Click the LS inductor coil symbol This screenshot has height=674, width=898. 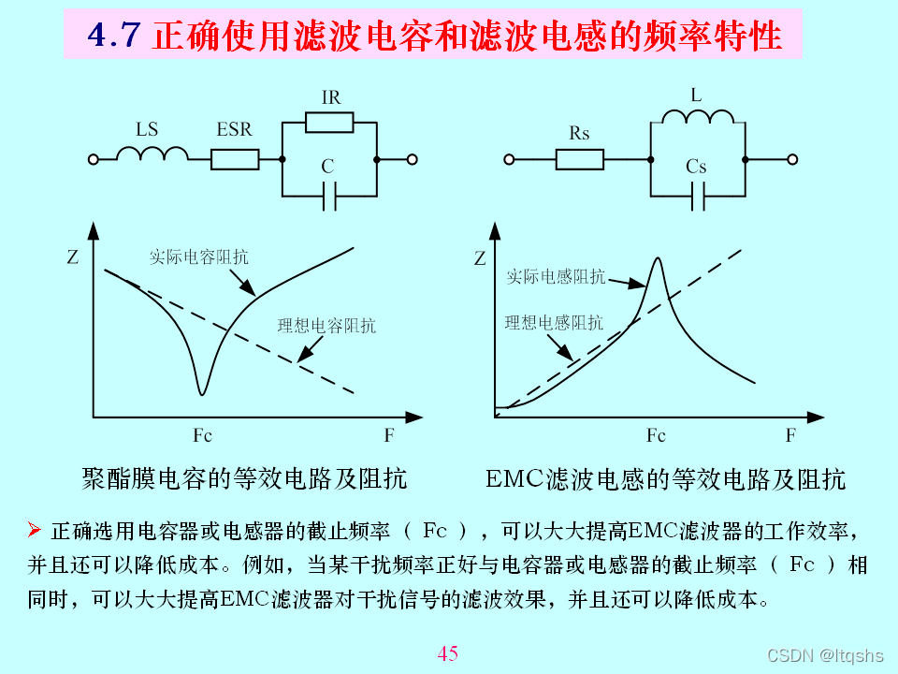click(152, 154)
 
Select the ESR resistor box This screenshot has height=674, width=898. click(235, 160)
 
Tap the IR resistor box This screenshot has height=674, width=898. click(329, 122)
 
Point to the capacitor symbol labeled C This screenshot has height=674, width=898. click(328, 198)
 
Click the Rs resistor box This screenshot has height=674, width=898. click(580, 160)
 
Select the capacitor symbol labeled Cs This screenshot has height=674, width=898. click(697, 198)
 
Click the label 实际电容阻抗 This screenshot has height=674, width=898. click(199, 256)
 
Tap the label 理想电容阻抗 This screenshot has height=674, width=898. click(326, 327)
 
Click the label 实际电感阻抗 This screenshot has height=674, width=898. click(556, 277)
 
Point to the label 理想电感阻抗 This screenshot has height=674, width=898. click(554, 323)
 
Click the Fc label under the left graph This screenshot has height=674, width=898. click(202, 436)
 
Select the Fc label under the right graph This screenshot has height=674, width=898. click(656, 436)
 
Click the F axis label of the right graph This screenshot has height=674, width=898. click(790, 436)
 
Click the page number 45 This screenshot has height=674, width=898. click(448, 653)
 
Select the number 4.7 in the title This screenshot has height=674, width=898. click(113, 37)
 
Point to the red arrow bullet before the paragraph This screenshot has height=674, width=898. click(35, 531)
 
